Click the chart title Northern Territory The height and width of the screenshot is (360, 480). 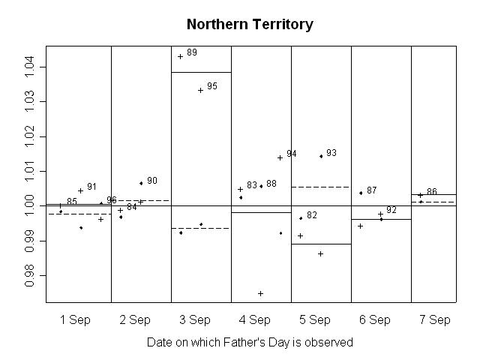click(250, 24)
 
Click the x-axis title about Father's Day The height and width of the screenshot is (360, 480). click(250, 342)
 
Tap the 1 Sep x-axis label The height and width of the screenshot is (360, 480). click(74, 320)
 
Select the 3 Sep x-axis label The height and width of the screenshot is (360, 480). click(195, 320)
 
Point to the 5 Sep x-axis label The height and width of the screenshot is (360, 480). click(315, 320)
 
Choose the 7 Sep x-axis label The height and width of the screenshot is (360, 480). click(435, 320)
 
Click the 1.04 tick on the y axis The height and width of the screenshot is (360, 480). click(30, 67)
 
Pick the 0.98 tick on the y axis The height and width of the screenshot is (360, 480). click(30, 275)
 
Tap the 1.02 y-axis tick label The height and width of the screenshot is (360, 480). click(30, 136)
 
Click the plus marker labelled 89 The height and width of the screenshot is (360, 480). click(180, 56)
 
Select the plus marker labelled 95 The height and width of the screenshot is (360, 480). click(200, 90)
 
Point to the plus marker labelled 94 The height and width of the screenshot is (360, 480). click(280, 157)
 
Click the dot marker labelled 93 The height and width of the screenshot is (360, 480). click(321, 156)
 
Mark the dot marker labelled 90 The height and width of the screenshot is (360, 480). click(141, 183)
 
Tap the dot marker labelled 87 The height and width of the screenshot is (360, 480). click(361, 193)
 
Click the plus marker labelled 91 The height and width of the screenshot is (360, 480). click(80, 190)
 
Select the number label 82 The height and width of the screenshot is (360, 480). click(312, 215)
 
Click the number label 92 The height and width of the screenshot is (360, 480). click(391, 210)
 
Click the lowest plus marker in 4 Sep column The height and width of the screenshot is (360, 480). click(260, 293)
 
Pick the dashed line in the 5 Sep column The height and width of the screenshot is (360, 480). click(320, 187)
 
